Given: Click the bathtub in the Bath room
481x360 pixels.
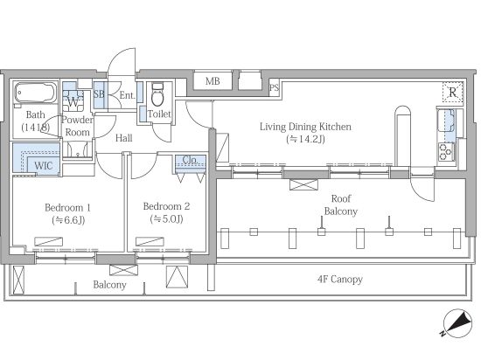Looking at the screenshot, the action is pyautogui.click(x=36, y=93).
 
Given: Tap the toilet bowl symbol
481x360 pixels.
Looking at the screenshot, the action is pyautogui.click(x=157, y=94).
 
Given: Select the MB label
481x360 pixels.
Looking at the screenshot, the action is pyautogui.click(x=213, y=81).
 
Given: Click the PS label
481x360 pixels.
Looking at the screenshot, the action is pyautogui.click(x=275, y=88).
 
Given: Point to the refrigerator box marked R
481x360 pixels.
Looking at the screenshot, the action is pyautogui.click(x=452, y=93).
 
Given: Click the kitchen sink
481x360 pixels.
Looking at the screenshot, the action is pyautogui.click(x=446, y=120).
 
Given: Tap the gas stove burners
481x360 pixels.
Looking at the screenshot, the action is pyautogui.click(x=446, y=152).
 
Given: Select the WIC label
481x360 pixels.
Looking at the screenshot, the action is pyautogui.click(x=43, y=166).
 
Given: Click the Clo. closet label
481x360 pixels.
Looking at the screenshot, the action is pyautogui.click(x=190, y=160).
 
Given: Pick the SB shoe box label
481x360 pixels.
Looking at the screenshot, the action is pyautogui.click(x=99, y=94).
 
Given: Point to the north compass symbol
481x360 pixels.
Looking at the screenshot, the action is pyautogui.click(x=457, y=323).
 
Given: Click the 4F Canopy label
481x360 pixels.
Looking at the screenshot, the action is pyautogui.click(x=340, y=279).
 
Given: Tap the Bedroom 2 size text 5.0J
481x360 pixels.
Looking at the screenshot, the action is pyautogui.click(x=166, y=219).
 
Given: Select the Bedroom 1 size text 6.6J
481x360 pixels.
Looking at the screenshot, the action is pyautogui.click(x=68, y=220).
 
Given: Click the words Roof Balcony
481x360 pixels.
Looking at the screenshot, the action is pyautogui.click(x=341, y=205).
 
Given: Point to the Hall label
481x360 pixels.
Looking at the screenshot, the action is pyautogui.click(x=124, y=138).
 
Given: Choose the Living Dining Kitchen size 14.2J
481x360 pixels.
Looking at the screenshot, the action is pyautogui.click(x=305, y=140).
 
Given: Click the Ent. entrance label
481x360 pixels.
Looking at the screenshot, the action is pyautogui.click(x=127, y=95).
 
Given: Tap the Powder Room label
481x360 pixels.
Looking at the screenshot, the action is pyautogui.click(x=77, y=126).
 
